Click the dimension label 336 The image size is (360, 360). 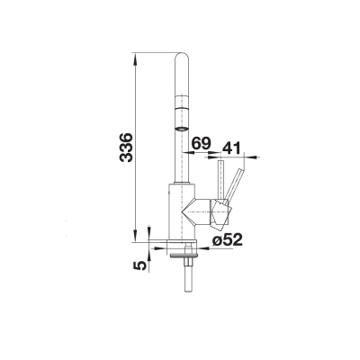pos(126,148)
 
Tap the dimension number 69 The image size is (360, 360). pos(202,143)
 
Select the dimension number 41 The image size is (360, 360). pos(231,148)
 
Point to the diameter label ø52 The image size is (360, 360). pos(227,239)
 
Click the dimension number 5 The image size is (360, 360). pos(140,265)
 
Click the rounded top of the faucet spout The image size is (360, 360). pos(182,58)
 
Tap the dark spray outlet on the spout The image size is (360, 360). pos(182,129)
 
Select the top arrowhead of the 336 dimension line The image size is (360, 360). pos(135,59)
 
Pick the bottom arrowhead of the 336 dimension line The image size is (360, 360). pos(135,236)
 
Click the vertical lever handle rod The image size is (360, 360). pos(220,180)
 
